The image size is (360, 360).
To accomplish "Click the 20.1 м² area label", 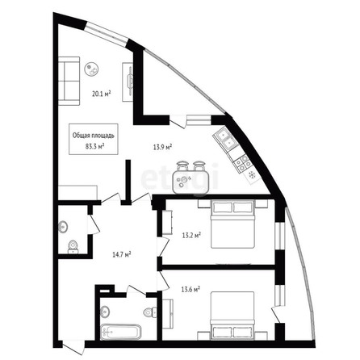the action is pyautogui.click(x=102, y=94).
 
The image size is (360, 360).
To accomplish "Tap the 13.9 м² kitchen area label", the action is pyautogui.click(x=162, y=147).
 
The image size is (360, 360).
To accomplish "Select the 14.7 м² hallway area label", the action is pyautogui.click(x=122, y=254).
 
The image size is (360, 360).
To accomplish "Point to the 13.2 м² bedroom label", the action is pyautogui.click(x=191, y=236).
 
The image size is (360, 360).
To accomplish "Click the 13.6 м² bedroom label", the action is pyautogui.click(x=190, y=290).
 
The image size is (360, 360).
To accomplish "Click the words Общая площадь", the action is pyautogui.click(x=94, y=136).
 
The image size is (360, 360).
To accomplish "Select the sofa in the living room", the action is pyautogui.click(x=69, y=81).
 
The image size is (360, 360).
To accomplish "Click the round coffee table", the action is pyautogui.click(x=91, y=69).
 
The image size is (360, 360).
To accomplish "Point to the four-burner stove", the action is pyautogui.click(x=243, y=163).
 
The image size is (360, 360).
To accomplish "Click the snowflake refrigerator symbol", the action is pyautogui.click(x=252, y=175).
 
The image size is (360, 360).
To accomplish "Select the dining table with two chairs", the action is pyautogui.click(x=190, y=178).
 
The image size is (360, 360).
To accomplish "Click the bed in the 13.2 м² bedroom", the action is pyautogui.click(x=233, y=224).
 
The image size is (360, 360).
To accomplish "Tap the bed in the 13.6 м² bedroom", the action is pyautogui.click(x=232, y=315).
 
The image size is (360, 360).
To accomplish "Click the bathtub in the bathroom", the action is pyautogui.click(x=120, y=331).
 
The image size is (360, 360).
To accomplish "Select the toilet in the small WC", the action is pyautogui.click(x=73, y=247).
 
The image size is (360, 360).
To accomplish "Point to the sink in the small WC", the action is pyautogui.click(x=63, y=227).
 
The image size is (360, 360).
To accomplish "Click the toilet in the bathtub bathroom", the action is pyautogui.click(x=150, y=312).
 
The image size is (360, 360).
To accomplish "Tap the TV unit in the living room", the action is pyautogui.click(x=128, y=82).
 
